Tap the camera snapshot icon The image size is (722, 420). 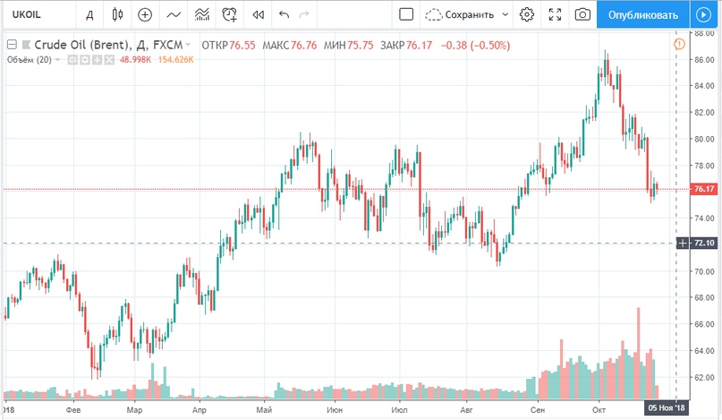582,14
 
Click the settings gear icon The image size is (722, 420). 527,14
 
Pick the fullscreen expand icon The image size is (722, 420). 555,14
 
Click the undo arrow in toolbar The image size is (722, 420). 285,14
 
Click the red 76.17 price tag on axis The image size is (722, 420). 702,189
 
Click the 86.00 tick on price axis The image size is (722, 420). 702,59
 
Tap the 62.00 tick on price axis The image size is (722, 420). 702,377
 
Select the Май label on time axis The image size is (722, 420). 263,409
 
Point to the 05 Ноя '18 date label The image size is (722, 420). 667,408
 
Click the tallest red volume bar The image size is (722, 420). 639,353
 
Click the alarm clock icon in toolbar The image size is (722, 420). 230,14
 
